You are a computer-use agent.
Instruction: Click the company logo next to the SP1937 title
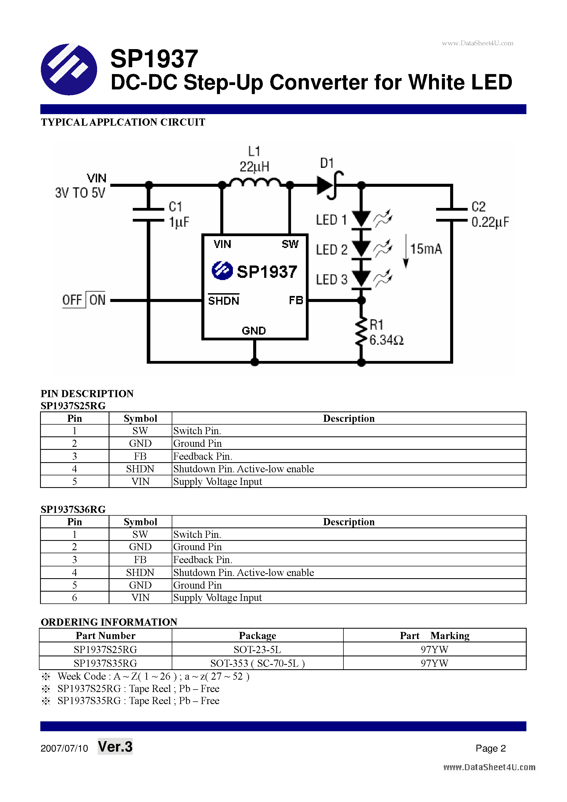(69, 69)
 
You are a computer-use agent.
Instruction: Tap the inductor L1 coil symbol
(255, 183)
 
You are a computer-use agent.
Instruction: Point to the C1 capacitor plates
(148, 214)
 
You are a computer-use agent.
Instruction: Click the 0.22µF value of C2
(490, 222)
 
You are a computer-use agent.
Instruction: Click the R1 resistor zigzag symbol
(361, 331)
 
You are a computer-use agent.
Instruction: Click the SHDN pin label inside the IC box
(224, 301)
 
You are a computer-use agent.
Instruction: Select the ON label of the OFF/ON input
(97, 300)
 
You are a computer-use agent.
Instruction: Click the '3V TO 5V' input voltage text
(80, 193)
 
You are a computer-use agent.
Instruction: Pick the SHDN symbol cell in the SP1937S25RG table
(140, 469)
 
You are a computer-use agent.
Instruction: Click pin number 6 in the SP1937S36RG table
(74, 597)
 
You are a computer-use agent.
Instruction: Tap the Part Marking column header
(434, 636)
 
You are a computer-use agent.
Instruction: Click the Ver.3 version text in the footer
(115, 747)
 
